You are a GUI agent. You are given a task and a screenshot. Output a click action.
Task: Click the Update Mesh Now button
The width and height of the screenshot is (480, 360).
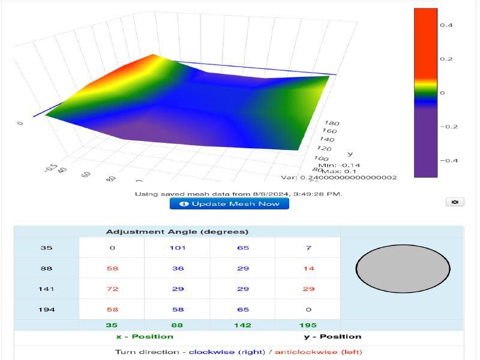[x=229, y=204]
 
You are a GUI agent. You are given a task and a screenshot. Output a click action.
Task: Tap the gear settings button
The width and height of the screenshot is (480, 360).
[x=455, y=202]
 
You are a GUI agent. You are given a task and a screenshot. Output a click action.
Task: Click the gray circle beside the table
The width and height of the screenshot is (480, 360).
[x=403, y=268]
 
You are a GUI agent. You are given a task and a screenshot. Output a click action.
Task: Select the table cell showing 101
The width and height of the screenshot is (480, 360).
[x=178, y=248]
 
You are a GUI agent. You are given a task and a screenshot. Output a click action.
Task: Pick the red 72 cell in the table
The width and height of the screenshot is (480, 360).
[x=112, y=289]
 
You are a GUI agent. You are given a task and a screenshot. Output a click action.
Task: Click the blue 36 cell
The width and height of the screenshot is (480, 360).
[x=178, y=269]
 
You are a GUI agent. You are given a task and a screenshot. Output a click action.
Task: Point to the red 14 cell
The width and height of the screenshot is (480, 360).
[x=308, y=269]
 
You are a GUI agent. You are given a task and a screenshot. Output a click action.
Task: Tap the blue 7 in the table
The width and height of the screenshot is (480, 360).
[x=308, y=248]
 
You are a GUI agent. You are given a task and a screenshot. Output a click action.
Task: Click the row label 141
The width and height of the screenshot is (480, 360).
[x=47, y=289]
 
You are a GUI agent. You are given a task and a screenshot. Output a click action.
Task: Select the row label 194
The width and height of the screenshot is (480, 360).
[x=47, y=310]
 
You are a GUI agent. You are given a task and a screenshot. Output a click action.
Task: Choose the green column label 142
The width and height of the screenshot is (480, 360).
[x=242, y=325]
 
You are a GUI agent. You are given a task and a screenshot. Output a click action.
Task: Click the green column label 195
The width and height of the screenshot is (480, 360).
[x=308, y=325]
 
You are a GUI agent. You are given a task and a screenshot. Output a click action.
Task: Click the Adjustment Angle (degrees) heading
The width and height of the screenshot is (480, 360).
[x=177, y=232]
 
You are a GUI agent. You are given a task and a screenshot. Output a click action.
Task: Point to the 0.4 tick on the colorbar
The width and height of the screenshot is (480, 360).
[x=446, y=25]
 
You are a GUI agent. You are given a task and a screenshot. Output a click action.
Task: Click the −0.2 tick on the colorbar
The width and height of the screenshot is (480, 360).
[x=448, y=127]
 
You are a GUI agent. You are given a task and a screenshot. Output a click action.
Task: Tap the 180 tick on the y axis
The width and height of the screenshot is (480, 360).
[x=331, y=123]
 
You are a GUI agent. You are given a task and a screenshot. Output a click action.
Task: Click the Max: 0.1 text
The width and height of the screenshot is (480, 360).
[x=332, y=171]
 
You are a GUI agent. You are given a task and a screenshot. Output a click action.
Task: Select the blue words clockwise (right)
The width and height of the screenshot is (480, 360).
[x=227, y=352]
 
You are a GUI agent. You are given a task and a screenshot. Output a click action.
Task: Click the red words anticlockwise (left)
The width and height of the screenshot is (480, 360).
[x=318, y=352]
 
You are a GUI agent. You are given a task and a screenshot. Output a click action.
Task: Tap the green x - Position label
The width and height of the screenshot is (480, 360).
[x=145, y=337]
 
